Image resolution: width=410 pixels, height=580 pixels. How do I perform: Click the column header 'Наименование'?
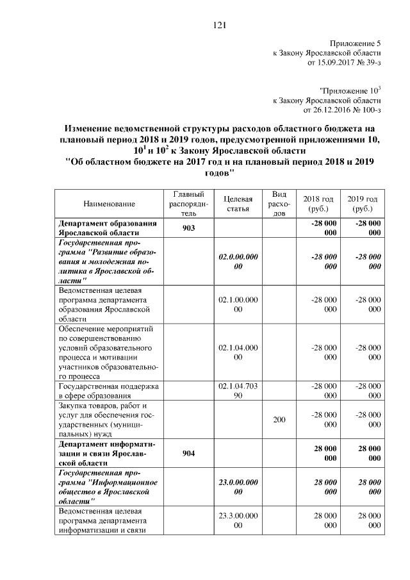(x=109, y=204)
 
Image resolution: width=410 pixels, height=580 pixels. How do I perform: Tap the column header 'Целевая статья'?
(x=238, y=204)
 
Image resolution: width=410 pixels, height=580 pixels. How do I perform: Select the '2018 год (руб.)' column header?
(x=318, y=204)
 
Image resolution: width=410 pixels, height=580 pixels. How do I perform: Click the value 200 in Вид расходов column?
(x=279, y=420)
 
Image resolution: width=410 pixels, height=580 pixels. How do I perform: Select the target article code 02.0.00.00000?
(x=238, y=261)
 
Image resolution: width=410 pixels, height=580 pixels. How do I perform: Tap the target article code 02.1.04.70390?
(x=238, y=392)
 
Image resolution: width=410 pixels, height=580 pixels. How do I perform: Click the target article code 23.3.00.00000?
(x=238, y=520)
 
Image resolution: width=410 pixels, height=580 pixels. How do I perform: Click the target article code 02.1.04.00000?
(x=238, y=352)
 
